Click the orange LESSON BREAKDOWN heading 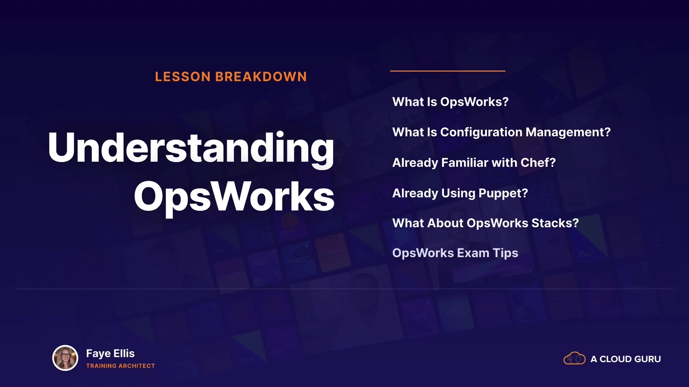[x=231, y=77]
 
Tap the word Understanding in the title [x=191, y=149]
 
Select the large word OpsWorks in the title [x=234, y=197]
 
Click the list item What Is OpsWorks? [x=450, y=102]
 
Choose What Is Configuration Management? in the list [x=501, y=133]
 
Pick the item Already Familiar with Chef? [x=474, y=163]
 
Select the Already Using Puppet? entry [x=460, y=193]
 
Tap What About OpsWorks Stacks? [x=486, y=223]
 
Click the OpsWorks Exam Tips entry [x=455, y=253]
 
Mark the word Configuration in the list [x=481, y=133]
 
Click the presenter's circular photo [x=65, y=358]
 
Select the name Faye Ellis [x=110, y=354]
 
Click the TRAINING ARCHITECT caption [x=121, y=366]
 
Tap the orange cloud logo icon [x=575, y=358]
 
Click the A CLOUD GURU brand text [x=625, y=359]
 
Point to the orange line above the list [x=448, y=71]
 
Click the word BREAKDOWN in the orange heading [x=261, y=77]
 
